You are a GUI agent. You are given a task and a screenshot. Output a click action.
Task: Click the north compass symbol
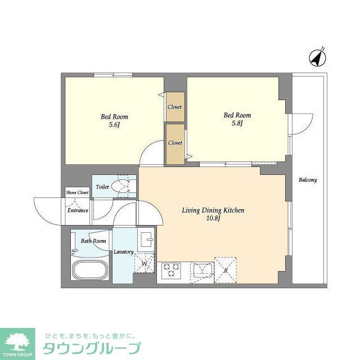[x=317, y=56]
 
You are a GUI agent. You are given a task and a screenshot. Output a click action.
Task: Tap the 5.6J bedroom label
[x=114, y=125]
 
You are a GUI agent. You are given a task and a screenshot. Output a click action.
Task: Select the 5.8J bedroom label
[x=237, y=123]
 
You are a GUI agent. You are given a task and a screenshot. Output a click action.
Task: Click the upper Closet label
[x=175, y=107]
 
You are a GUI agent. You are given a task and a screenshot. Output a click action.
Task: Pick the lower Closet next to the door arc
[x=175, y=143]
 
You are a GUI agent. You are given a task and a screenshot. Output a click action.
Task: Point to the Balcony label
[x=308, y=180]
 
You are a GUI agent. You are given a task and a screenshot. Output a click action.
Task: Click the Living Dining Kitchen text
[x=213, y=210]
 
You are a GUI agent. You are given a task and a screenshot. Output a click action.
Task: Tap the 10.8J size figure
[x=212, y=219]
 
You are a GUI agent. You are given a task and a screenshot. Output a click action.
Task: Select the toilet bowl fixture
[x=120, y=186]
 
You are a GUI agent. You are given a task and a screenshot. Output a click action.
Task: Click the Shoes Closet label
[x=77, y=192]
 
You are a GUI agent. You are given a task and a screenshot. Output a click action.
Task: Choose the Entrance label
[x=78, y=210]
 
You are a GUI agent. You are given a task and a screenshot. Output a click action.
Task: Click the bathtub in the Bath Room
[x=90, y=269]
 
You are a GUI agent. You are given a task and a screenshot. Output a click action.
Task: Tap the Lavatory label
[x=123, y=252]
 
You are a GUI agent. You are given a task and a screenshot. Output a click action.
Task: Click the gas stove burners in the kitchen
[x=171, y=271]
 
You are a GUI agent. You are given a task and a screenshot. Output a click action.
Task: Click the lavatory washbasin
[x=146, y=239]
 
